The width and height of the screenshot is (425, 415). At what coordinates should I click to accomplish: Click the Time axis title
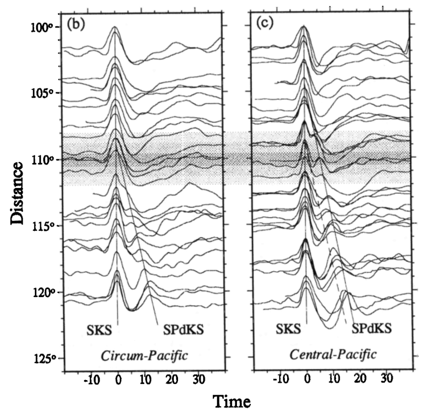click(x=232, y=402)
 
